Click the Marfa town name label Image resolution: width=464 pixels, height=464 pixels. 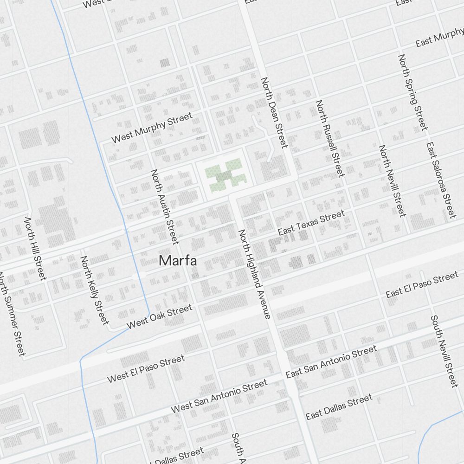(x=178, y=261)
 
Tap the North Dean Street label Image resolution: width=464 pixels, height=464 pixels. (x=274, y=112)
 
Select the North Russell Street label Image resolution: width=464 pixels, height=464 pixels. (x=330, y=138)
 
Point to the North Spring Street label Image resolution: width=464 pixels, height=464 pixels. (x=412, y=92)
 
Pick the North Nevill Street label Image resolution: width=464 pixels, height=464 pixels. (x=392, y=180)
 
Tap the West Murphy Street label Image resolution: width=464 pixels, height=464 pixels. (x=152, y=127)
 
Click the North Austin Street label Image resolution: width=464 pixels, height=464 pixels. (x=164, y=206)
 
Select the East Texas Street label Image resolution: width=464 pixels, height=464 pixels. (x=311, y=222)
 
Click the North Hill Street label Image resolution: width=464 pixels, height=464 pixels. (x=35, y=249)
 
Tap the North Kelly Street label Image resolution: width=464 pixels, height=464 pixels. (x=94, y=290)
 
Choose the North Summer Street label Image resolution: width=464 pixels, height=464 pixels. (x=12, y=315)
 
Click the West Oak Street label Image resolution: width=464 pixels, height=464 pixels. (x=159, y=316)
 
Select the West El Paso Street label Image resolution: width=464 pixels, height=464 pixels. (x=146, y=369)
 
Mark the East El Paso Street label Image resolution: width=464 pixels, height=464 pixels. (x=422, y=285)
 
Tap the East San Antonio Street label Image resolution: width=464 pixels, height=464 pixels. (x=331, y=361)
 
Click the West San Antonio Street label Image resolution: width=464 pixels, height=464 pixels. (x=219, y=396)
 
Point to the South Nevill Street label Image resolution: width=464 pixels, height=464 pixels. (x=444, y=351)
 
